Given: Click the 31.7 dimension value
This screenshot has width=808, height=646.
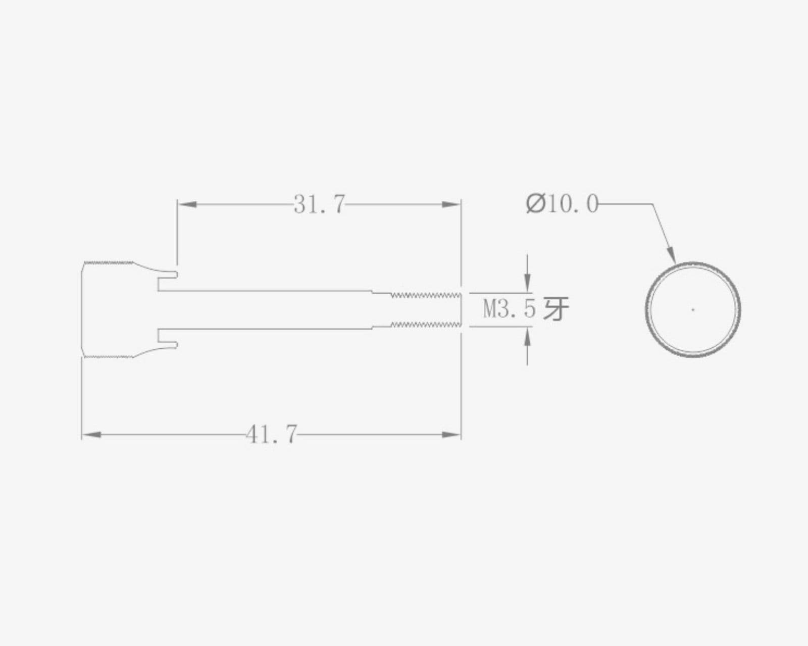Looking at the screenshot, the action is tap(319, 204).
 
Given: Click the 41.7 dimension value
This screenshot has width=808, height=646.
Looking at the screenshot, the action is tap(272, 435).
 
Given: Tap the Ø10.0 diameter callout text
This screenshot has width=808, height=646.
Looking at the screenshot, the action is tap(562, 204).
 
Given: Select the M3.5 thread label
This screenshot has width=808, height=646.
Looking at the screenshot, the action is tap(509, 309).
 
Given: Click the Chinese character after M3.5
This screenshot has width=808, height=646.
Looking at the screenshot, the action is tap(556, 309).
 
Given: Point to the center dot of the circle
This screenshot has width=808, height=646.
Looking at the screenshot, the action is tap(693, 310).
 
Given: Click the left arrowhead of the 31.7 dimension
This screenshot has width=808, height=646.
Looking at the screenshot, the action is tap(187, 204).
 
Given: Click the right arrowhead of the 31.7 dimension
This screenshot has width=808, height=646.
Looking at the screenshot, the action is tap(451, 204).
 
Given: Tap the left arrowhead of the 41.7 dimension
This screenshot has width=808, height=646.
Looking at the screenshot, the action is tap(91, 435).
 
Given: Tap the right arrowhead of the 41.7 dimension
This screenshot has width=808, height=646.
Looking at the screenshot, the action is tap(451, 435).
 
